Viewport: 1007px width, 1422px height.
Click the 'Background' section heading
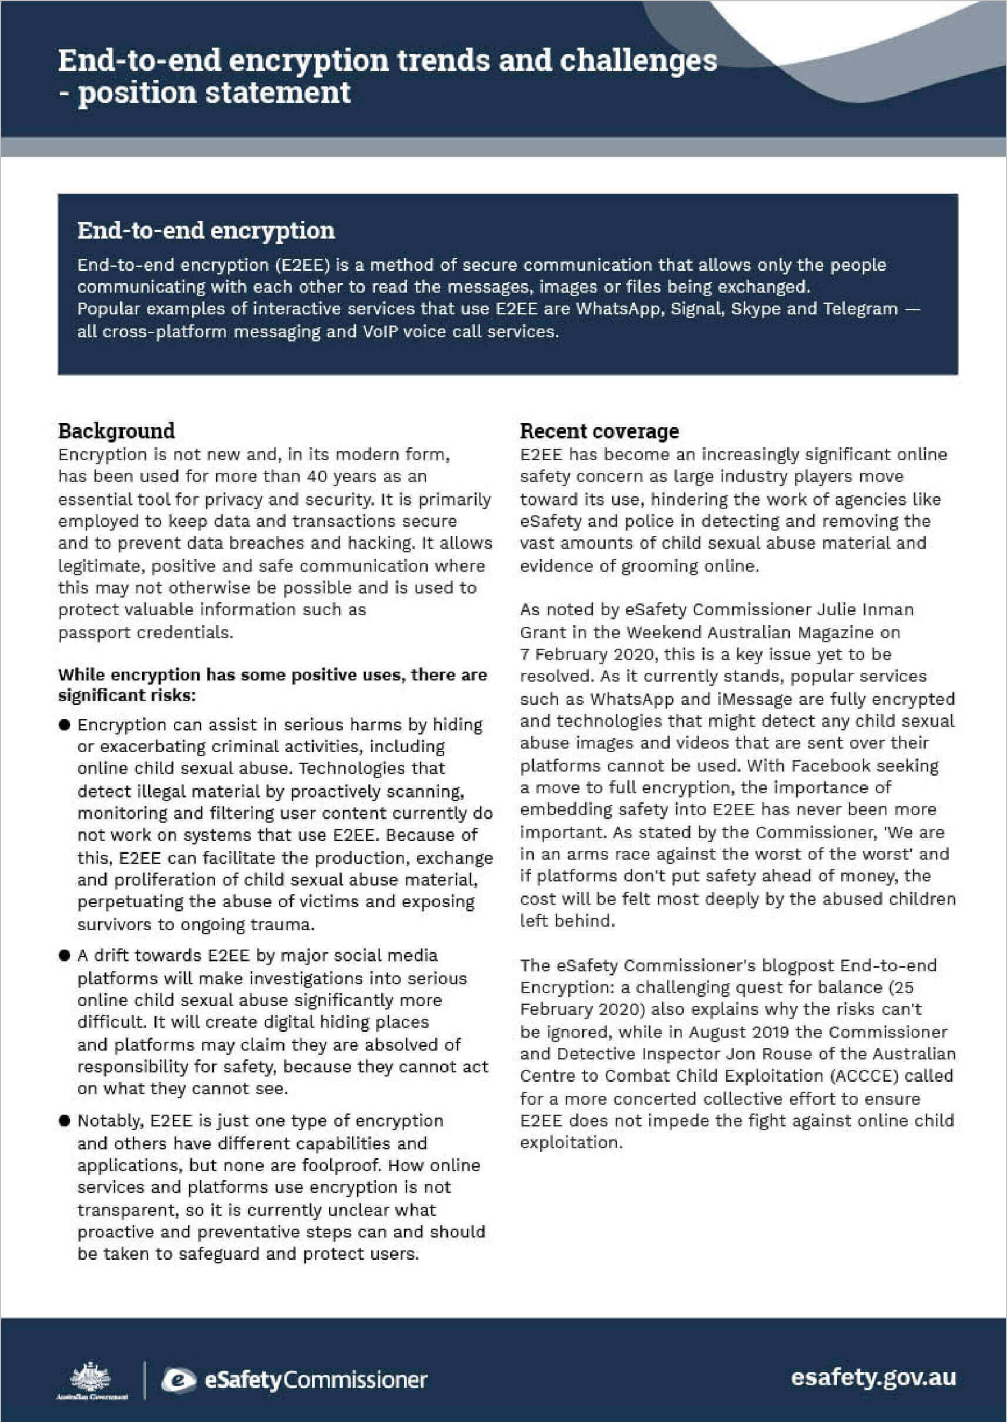(116, 431)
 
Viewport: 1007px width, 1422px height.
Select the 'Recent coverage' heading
(599, 431)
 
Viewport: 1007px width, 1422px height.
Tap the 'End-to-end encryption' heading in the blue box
(206, 231)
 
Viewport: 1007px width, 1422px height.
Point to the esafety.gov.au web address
(873, 1377)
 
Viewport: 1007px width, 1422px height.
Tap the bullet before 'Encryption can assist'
(65, 725)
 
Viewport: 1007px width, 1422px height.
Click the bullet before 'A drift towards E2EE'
(65, 955)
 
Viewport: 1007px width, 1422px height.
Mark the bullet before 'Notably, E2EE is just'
(65, 1121)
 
